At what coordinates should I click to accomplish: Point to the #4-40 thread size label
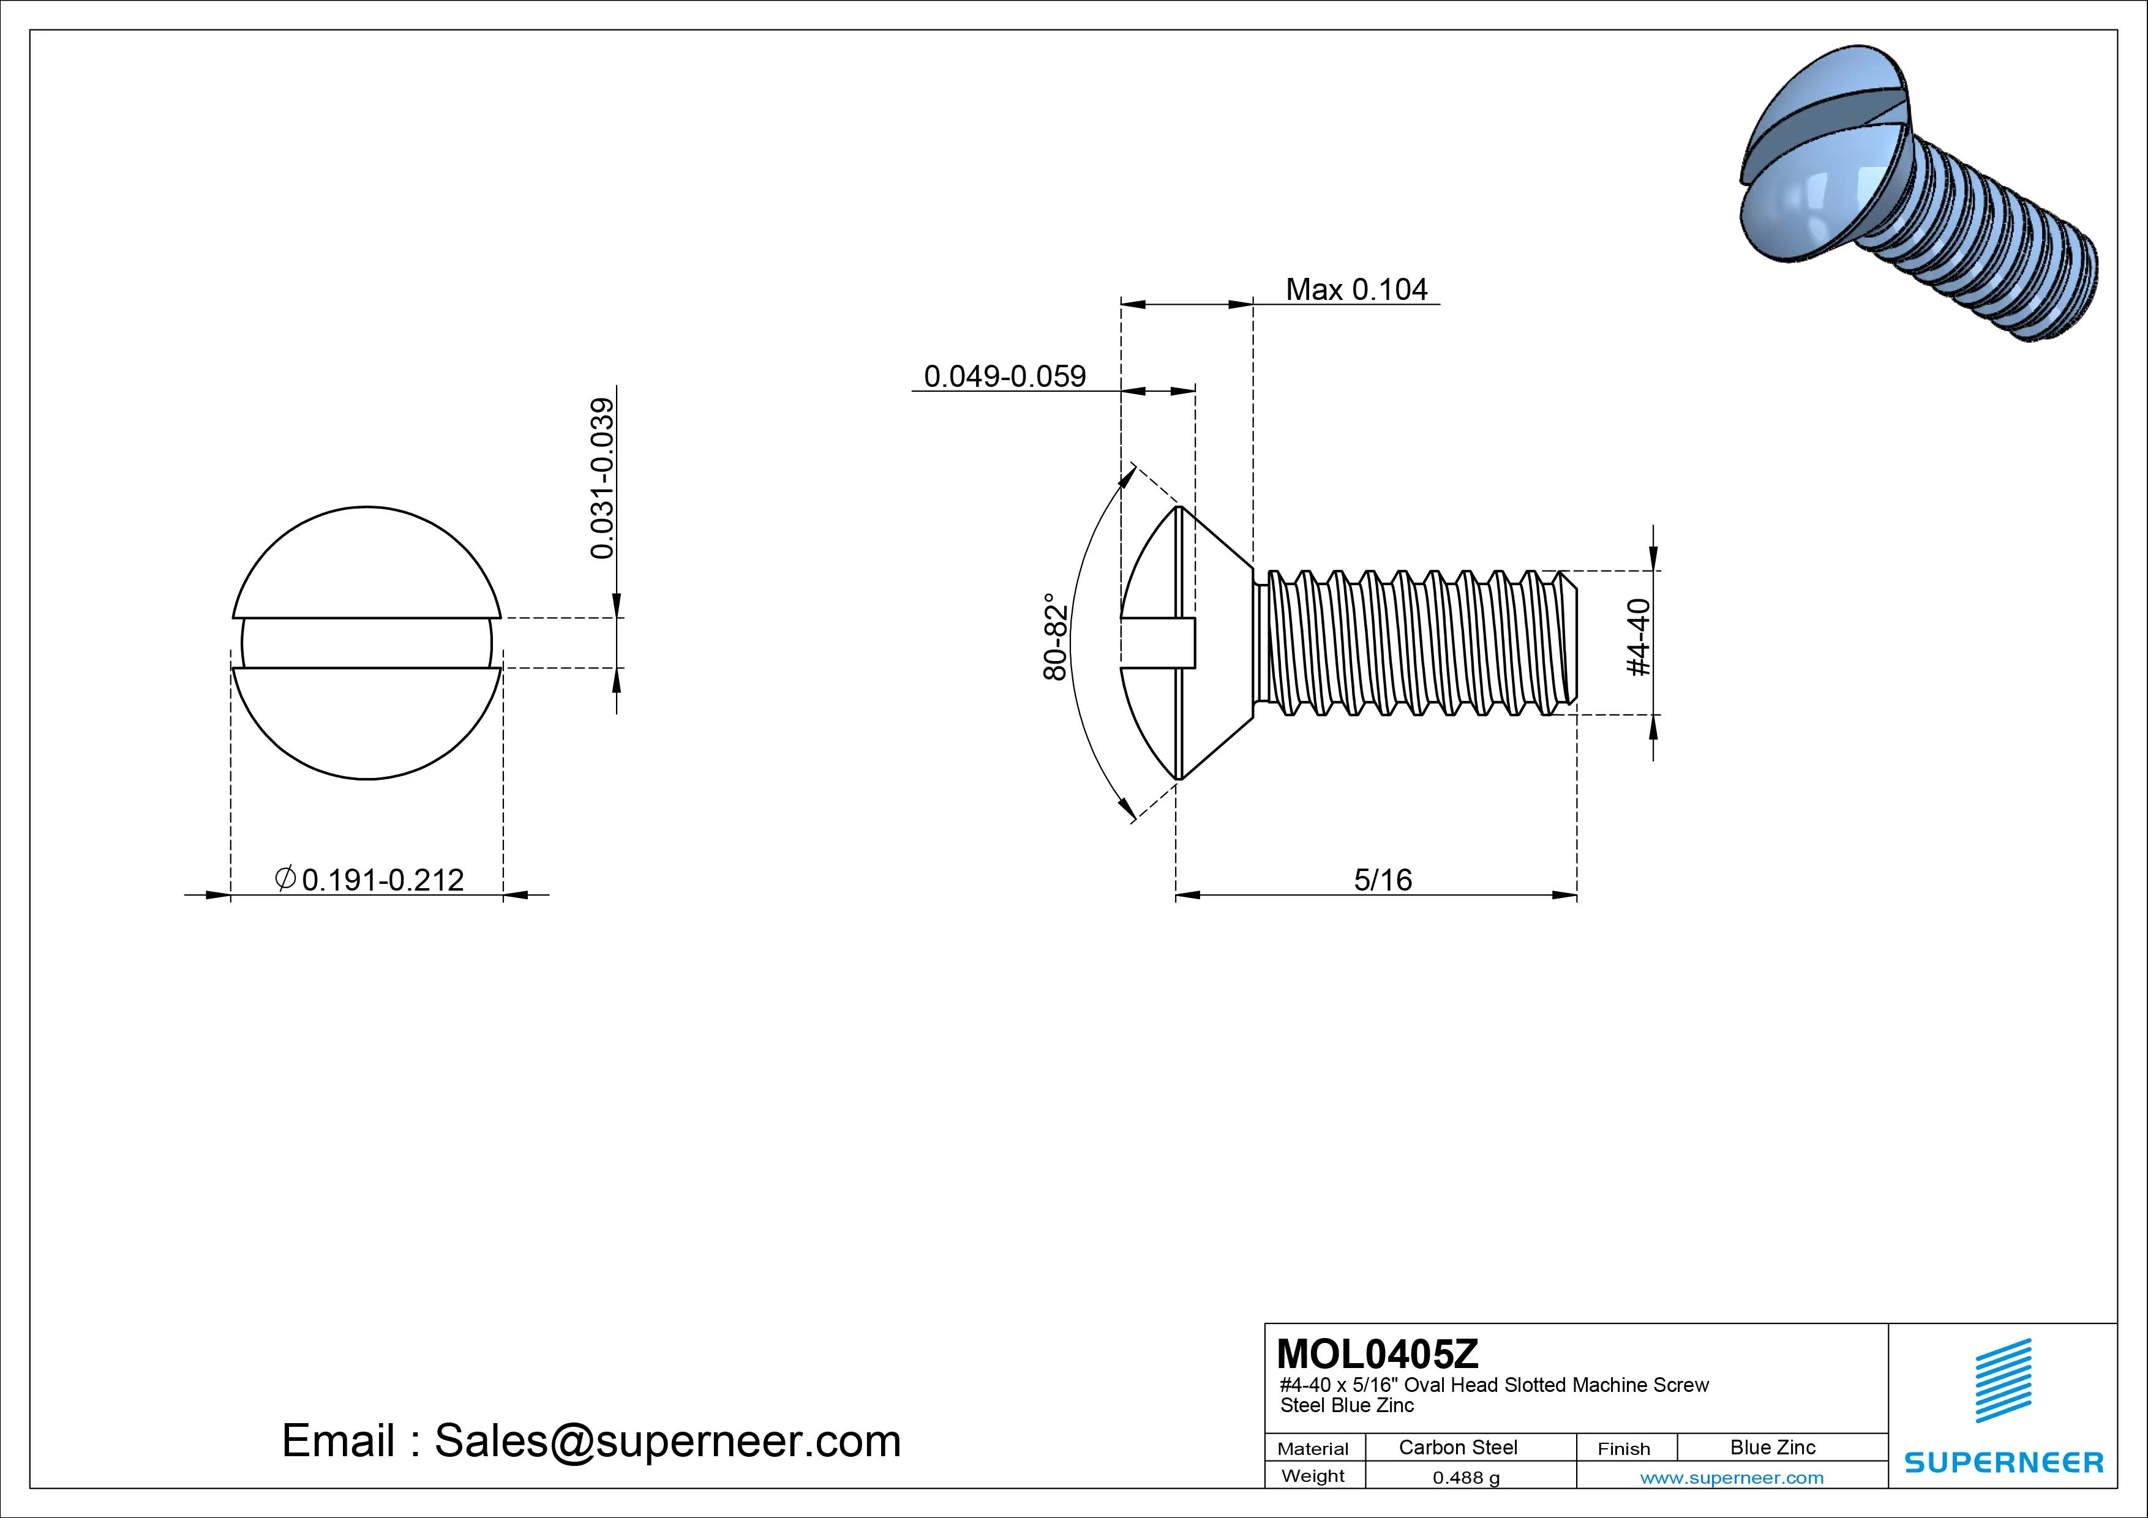point(1639,637)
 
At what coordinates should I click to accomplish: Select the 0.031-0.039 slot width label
point(603,478)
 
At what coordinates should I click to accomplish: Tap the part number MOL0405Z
point(1377,1353)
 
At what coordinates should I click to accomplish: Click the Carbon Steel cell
point(1457,1447)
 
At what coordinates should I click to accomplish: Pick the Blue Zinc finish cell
point(1772,1447)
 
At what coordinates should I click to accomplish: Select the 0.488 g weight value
point(1465,1478)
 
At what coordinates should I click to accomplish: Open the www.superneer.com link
point(1732,1478)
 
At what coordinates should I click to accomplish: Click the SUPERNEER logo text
point(2003,1462)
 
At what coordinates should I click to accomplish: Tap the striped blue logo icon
point(2003,1380)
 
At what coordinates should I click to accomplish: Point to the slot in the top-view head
point(367,643)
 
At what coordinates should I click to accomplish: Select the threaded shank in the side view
point(1413,643)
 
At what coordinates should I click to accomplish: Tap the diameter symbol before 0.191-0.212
point(285,878)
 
